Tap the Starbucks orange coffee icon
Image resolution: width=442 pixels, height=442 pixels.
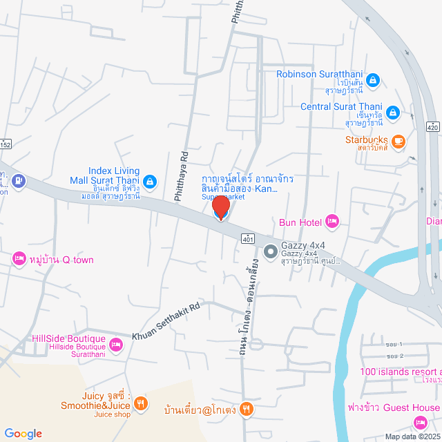click(x=398, y=142)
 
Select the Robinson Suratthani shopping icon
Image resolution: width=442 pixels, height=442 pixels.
click(x=372, y=81)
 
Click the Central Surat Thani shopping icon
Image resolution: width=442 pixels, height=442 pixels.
click(x=392, y=112)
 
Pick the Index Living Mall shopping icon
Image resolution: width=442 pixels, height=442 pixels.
click(x=151, y=182)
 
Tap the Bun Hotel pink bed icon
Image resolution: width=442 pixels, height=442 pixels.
click(x=332, y=222)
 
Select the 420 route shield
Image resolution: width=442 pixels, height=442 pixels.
click(x=432, y=128)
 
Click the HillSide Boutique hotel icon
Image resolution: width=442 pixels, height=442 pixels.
click(x=116, y=344)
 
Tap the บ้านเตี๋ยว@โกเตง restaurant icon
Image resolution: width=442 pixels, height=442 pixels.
click(x=247, y=409)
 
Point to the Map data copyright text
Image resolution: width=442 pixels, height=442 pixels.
click(x=412, y=436)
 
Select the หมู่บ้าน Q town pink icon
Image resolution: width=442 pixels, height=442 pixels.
click(x=19, y=260)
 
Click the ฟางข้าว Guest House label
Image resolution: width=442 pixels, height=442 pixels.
click(x=394, y=407)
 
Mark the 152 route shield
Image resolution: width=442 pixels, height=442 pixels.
click(x=6, y=144)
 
